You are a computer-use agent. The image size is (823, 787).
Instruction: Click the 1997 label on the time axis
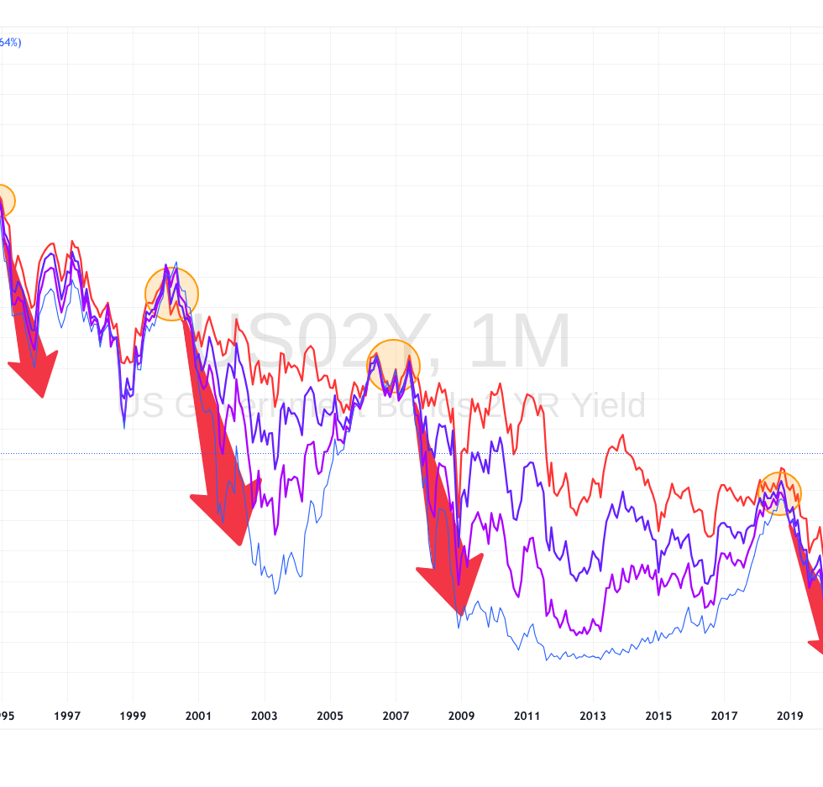(x=67, y=716)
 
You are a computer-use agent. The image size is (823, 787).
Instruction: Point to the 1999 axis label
(x=133, y=716)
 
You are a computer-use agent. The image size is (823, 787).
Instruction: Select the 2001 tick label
(x=198, y=716)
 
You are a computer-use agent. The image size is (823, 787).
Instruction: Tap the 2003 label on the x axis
(x=265, y=716)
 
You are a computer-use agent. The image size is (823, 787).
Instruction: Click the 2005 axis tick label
(x=330, y=716)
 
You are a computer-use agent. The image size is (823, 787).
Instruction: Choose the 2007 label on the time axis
(x=396, y=716)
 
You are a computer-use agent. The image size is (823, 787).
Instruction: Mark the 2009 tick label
(x=461, y=716)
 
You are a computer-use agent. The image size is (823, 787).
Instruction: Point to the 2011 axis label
(x=527, y=716)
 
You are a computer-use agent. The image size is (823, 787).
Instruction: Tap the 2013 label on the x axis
(x=593, y=716)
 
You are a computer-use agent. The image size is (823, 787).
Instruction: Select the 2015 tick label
(x=658, y=716)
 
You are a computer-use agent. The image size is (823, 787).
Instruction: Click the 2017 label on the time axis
(x=724, y=716)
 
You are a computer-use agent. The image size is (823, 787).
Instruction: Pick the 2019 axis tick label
(x=789, y=716)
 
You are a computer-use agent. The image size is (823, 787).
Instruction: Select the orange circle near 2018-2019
(x=779, y=493)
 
